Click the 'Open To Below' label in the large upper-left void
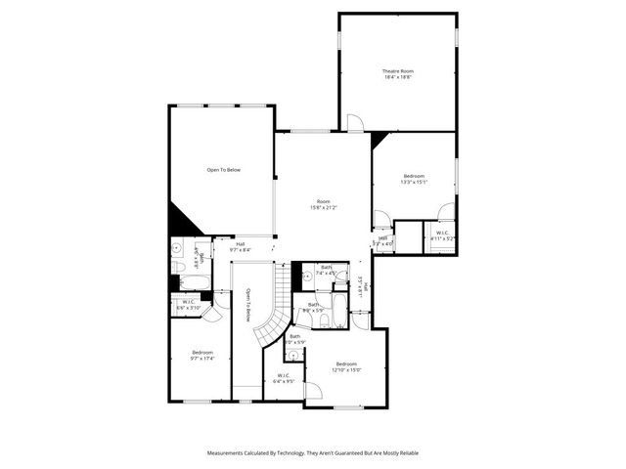tap(223, 170)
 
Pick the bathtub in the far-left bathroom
tap(195, 282)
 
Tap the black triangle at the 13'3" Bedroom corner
tap(379, 140)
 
